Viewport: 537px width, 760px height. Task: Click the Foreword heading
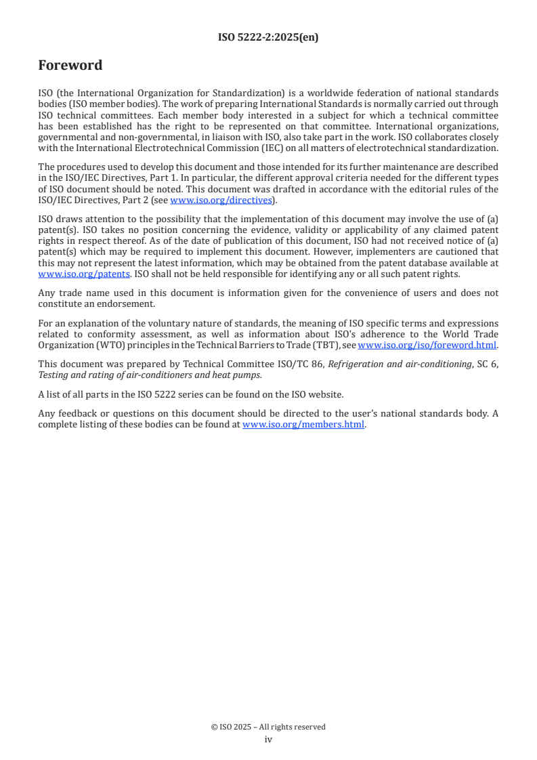click(70, 66)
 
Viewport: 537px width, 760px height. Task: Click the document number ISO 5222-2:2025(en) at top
click(268, 38)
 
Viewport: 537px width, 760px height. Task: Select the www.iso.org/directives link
click(220, 200)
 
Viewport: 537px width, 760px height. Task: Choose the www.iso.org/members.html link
click(303, 425)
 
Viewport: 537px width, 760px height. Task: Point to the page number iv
click(268, 740)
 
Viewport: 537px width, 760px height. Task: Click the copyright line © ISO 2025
click(268, 727)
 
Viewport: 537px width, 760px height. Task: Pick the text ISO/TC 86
click(298, 363)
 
